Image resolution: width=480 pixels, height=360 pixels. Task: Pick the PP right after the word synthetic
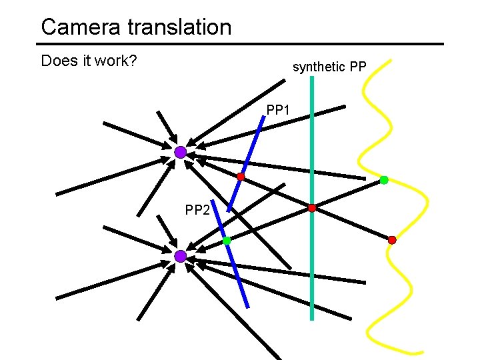[x=356, y=67]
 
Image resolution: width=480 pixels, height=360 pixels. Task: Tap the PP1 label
[x=278, y=109]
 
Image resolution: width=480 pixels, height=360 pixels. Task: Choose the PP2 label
[x=197, y=211]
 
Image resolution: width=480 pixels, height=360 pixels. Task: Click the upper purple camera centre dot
[x=181, y=153]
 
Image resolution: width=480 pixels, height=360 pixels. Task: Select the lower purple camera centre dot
[x=181, y=256]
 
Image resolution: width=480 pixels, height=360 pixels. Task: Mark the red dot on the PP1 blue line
[x=241, y=177]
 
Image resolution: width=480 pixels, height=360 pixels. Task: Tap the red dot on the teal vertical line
[x=312, y=208]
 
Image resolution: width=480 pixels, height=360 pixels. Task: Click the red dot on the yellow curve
[x=392, y=239]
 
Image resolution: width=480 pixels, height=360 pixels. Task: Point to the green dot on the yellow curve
[x=384, y=180]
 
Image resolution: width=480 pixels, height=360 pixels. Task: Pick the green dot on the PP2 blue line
[x=227, y=241]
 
